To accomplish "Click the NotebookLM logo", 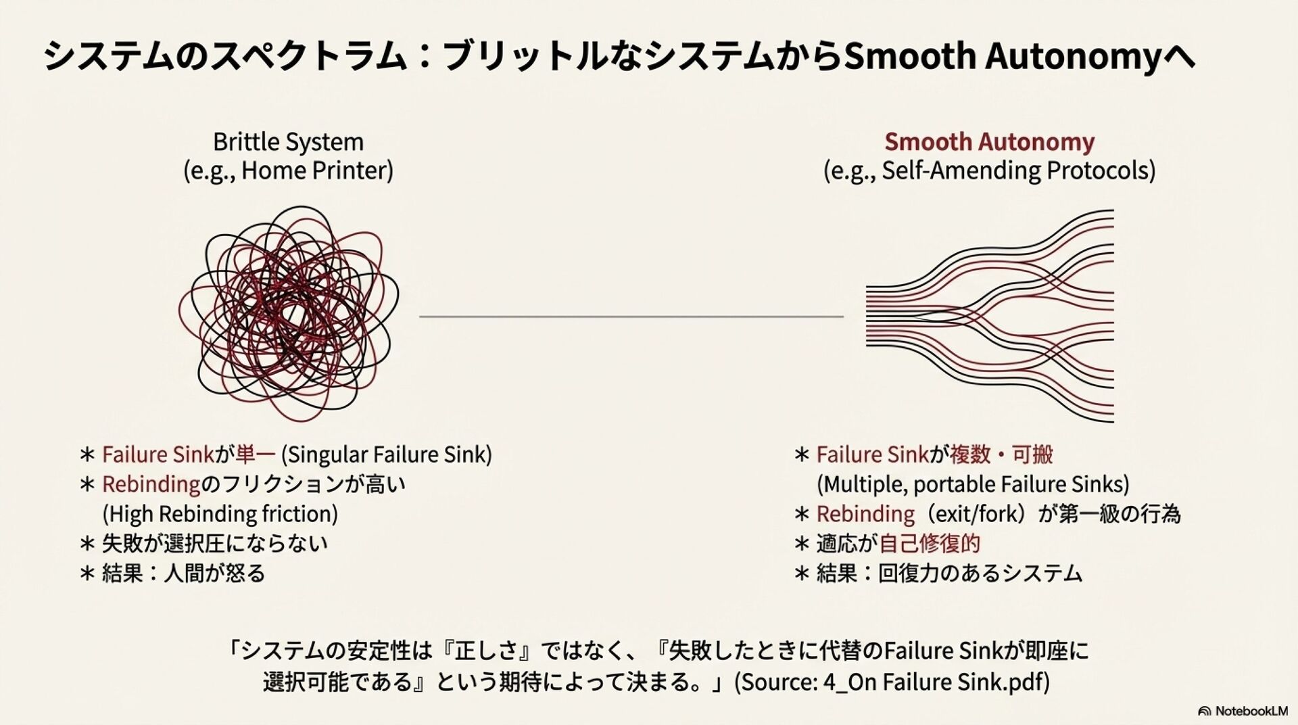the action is [x=1243, y=711].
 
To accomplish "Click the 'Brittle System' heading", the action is [x=288, y=142].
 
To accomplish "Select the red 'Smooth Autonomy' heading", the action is [x=989, y=142].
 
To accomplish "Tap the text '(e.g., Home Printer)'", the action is [x=288, y=170].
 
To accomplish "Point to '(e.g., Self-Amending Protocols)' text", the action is [x=989, y=170].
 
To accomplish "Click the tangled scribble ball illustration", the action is [x=289, y=314].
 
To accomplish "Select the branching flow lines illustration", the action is [x=990, y=316].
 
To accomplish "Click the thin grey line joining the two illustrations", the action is [x=631, y=316].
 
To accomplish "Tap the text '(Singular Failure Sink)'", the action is [x=386, y=454].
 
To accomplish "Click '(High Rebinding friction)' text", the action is [x=220, y=514].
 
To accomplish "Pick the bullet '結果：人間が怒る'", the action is [x=183, y=574].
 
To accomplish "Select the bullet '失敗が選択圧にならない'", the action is [x=214, y=544].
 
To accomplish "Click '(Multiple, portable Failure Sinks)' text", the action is [x=973, y=484].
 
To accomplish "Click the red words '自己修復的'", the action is [x=930, y=544].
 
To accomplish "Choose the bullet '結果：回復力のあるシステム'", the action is [x=949, y=574].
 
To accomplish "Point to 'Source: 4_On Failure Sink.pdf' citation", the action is [x=892, y=682].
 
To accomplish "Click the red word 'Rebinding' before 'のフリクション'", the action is [x=151, y=484].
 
